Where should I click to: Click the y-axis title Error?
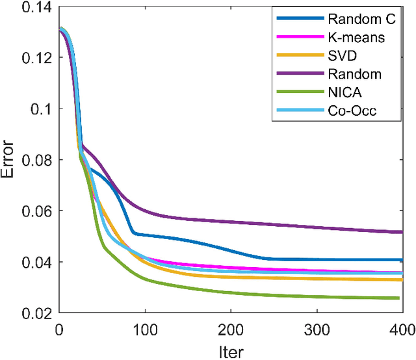tap(11, 160)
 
